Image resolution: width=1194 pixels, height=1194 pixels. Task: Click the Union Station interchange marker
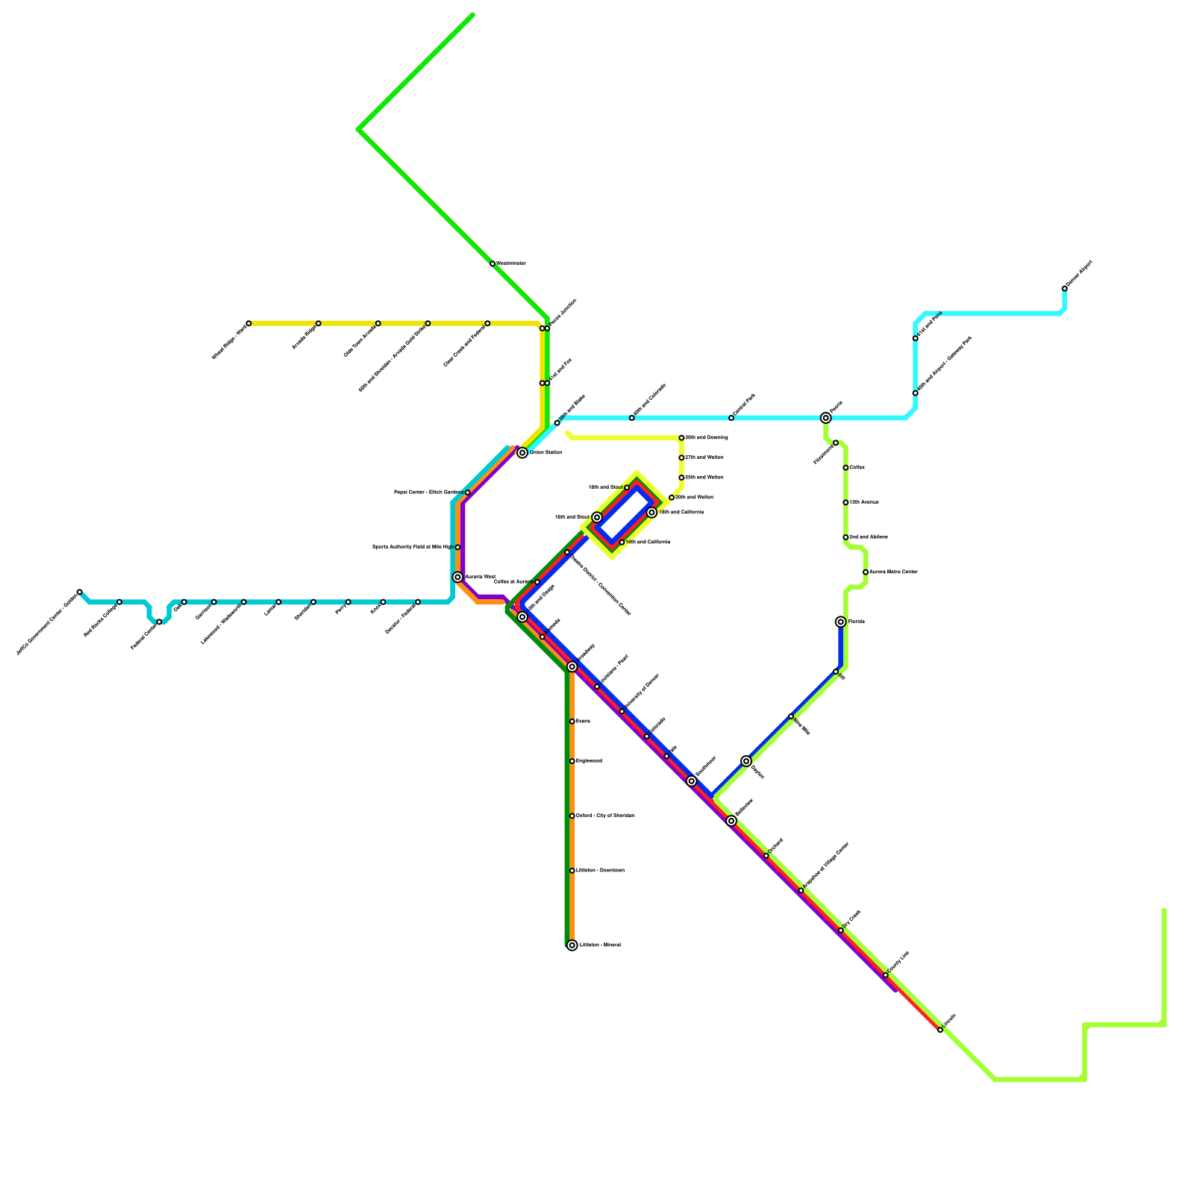click(x=522, y=453)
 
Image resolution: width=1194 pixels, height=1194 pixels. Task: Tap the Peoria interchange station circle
click(x=825, y=418)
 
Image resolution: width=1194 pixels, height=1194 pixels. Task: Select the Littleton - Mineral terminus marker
click(x=572, y=945)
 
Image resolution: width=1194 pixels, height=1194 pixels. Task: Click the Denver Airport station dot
click(x=1064, y=289)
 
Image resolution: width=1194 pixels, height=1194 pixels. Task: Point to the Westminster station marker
click(x=493, y=263)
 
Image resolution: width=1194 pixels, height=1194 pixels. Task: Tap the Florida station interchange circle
click(x=841, y=622)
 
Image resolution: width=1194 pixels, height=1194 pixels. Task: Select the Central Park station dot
click(x=731, y=418)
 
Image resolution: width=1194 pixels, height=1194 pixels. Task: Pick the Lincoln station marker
click(x=940, y=1030)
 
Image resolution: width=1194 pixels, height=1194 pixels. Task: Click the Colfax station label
click(x=857, y=468)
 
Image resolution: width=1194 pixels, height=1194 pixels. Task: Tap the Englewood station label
click(x=589, y=761)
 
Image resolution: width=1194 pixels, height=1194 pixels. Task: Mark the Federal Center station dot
click(x=159, y=622)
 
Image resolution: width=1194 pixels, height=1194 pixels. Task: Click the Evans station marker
click(x=572, y=722)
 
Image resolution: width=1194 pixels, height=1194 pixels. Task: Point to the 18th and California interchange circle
click(x=651, y=513)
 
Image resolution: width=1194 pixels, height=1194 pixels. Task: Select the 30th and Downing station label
click(x=707, y=438)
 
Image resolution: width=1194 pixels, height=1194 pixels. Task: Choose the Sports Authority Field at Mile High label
click(x=412, y=547)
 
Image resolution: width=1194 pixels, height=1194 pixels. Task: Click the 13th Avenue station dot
click(x=846, y=502)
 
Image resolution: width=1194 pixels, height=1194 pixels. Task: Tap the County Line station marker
click(x=886, y=975)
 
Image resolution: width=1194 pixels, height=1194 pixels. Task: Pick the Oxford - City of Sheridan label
click(x=605, y=816)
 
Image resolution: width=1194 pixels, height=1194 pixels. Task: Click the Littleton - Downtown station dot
click(x=572, y=871)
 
